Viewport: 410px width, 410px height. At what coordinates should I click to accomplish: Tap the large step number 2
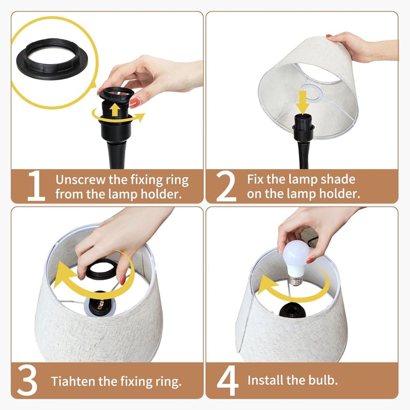(226, 186)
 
